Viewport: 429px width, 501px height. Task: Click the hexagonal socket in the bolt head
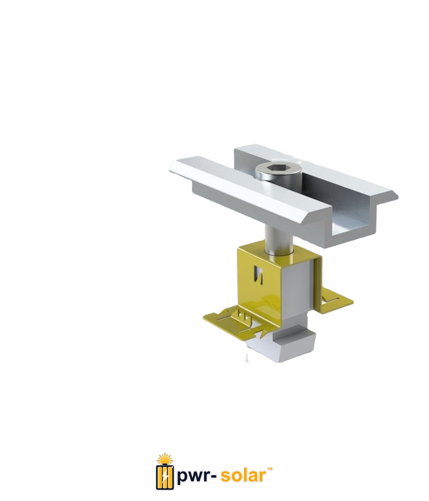coord(278,167)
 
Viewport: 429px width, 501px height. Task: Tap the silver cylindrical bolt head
coord(278,172)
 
